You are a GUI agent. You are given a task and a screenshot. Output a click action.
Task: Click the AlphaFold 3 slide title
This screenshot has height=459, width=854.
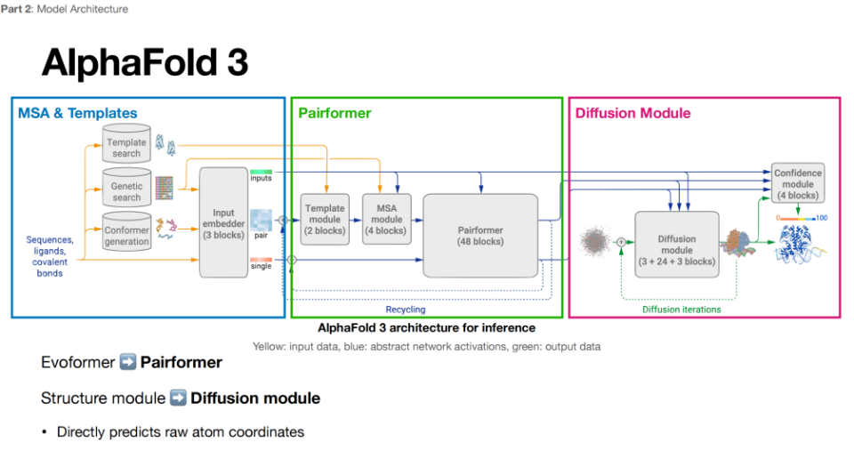point(144,63)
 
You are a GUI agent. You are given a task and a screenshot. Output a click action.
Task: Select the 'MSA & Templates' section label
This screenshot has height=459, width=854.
point(77,113)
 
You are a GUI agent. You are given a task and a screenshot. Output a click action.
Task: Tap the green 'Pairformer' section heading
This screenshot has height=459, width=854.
point(334,113)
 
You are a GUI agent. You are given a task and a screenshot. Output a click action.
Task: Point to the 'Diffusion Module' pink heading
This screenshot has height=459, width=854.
point(632,113)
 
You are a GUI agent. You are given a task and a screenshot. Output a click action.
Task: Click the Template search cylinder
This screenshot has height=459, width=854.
point(126,147)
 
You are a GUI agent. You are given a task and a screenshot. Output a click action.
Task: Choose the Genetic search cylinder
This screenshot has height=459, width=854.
point(126,189)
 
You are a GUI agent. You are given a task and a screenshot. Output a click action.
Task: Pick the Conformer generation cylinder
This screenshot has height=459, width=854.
point(126,233)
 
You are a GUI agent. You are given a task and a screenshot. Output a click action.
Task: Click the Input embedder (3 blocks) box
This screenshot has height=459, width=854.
point(223,221)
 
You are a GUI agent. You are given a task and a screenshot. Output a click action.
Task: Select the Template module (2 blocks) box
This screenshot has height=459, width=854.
point(324,219)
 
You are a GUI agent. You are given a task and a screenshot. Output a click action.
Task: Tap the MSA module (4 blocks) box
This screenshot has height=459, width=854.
point(386,219)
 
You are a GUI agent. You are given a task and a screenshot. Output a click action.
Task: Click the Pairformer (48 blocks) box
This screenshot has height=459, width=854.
point(480,235)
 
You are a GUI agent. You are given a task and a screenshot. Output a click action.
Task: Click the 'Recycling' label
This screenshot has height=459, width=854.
point(405,310)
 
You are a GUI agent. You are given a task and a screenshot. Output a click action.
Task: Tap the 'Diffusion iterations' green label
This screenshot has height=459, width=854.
point(681,310)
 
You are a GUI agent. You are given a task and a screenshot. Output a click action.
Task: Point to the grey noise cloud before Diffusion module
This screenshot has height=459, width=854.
point(595,241)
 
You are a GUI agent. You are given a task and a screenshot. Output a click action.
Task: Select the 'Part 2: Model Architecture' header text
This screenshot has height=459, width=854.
point(66,9)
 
